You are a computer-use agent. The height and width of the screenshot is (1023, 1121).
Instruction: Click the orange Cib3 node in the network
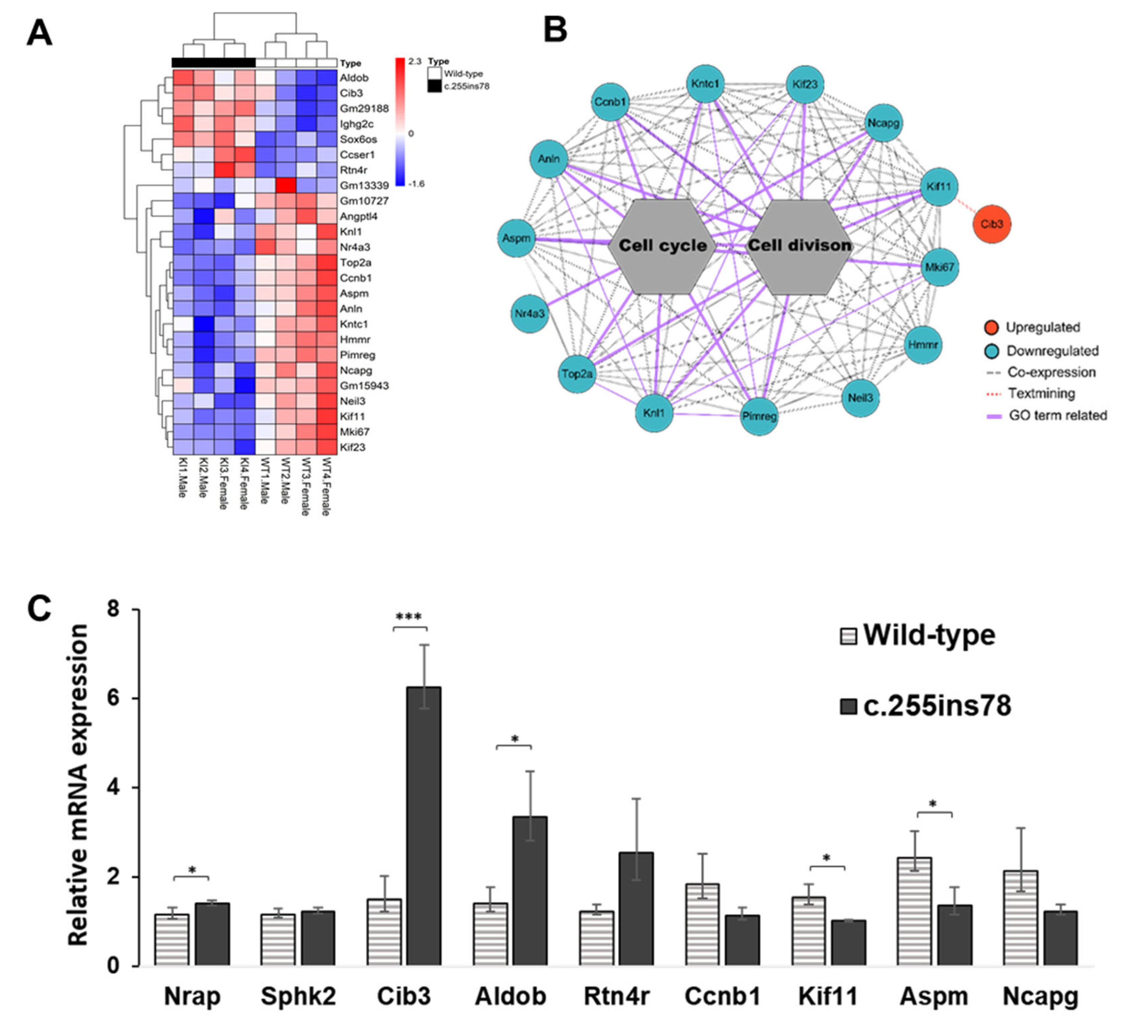(992, 224)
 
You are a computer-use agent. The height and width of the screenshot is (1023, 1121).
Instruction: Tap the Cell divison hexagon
(799, 246)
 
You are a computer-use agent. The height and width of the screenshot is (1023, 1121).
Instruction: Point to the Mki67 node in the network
(939, 267)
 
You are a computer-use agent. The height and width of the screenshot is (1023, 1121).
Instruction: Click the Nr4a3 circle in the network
(529, 314)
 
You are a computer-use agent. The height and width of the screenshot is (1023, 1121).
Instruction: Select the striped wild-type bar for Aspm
(914, 912)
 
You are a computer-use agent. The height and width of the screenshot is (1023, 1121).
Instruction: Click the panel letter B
(555, 30)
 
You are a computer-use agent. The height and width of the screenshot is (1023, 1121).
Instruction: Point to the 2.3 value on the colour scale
(415, 62)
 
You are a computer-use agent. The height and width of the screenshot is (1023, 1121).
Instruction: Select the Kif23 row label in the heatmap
(352, 447)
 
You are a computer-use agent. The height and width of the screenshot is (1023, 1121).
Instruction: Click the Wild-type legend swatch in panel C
(848, 636)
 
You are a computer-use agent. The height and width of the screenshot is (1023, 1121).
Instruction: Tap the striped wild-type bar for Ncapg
(1020, 918)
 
